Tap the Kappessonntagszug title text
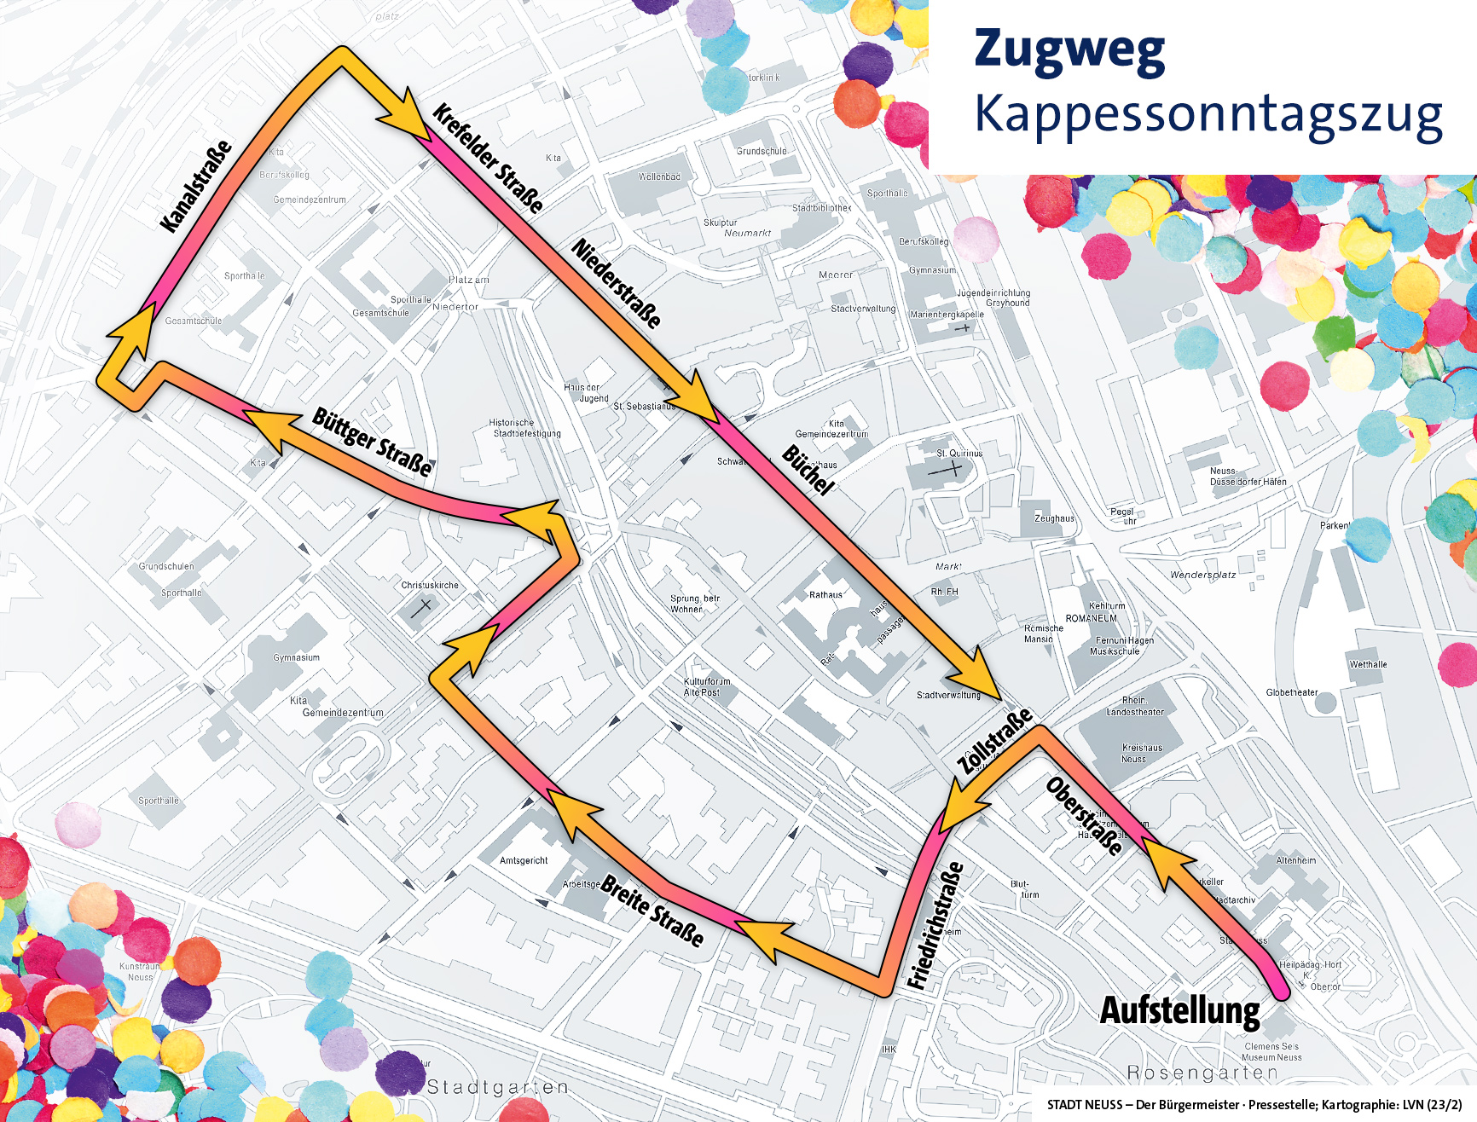click(x=1208, y=115)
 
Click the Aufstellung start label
click(x=1179, y=1010)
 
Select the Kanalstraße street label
click(x=196, y=186)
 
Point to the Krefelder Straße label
click(x=488, y=158)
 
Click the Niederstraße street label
click(x=617, y=283)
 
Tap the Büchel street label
click(x=807, y=470)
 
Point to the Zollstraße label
click(x=993, y=740)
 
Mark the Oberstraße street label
click(x=1084, y=816)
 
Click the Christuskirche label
click(x=430, y=585)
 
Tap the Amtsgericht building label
click(x=524, y=860)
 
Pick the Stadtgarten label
click(x=497, y=1087)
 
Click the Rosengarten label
click(x=1202, y=1073)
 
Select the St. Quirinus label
click(x=959, y=454)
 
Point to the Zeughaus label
click(x=1054, y=518)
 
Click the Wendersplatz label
click(x=1202, y=575)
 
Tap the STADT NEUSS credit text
click(x=1254, y=1105)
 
